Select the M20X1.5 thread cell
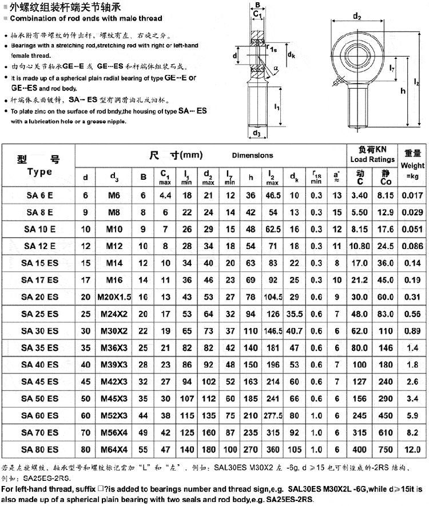coord(114,297)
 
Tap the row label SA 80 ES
coord(39,449)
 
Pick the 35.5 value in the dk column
coord(294,314)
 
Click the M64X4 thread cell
coord(114,449)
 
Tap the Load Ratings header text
coord(372,160)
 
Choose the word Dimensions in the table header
coord(252,155)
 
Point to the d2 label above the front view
coord(357,17)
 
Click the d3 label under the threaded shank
coord(257,133)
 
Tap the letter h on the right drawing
coord(403,91)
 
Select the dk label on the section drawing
coord(291,55)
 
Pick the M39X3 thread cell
coord(114,365)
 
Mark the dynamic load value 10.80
coord(360,246)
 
